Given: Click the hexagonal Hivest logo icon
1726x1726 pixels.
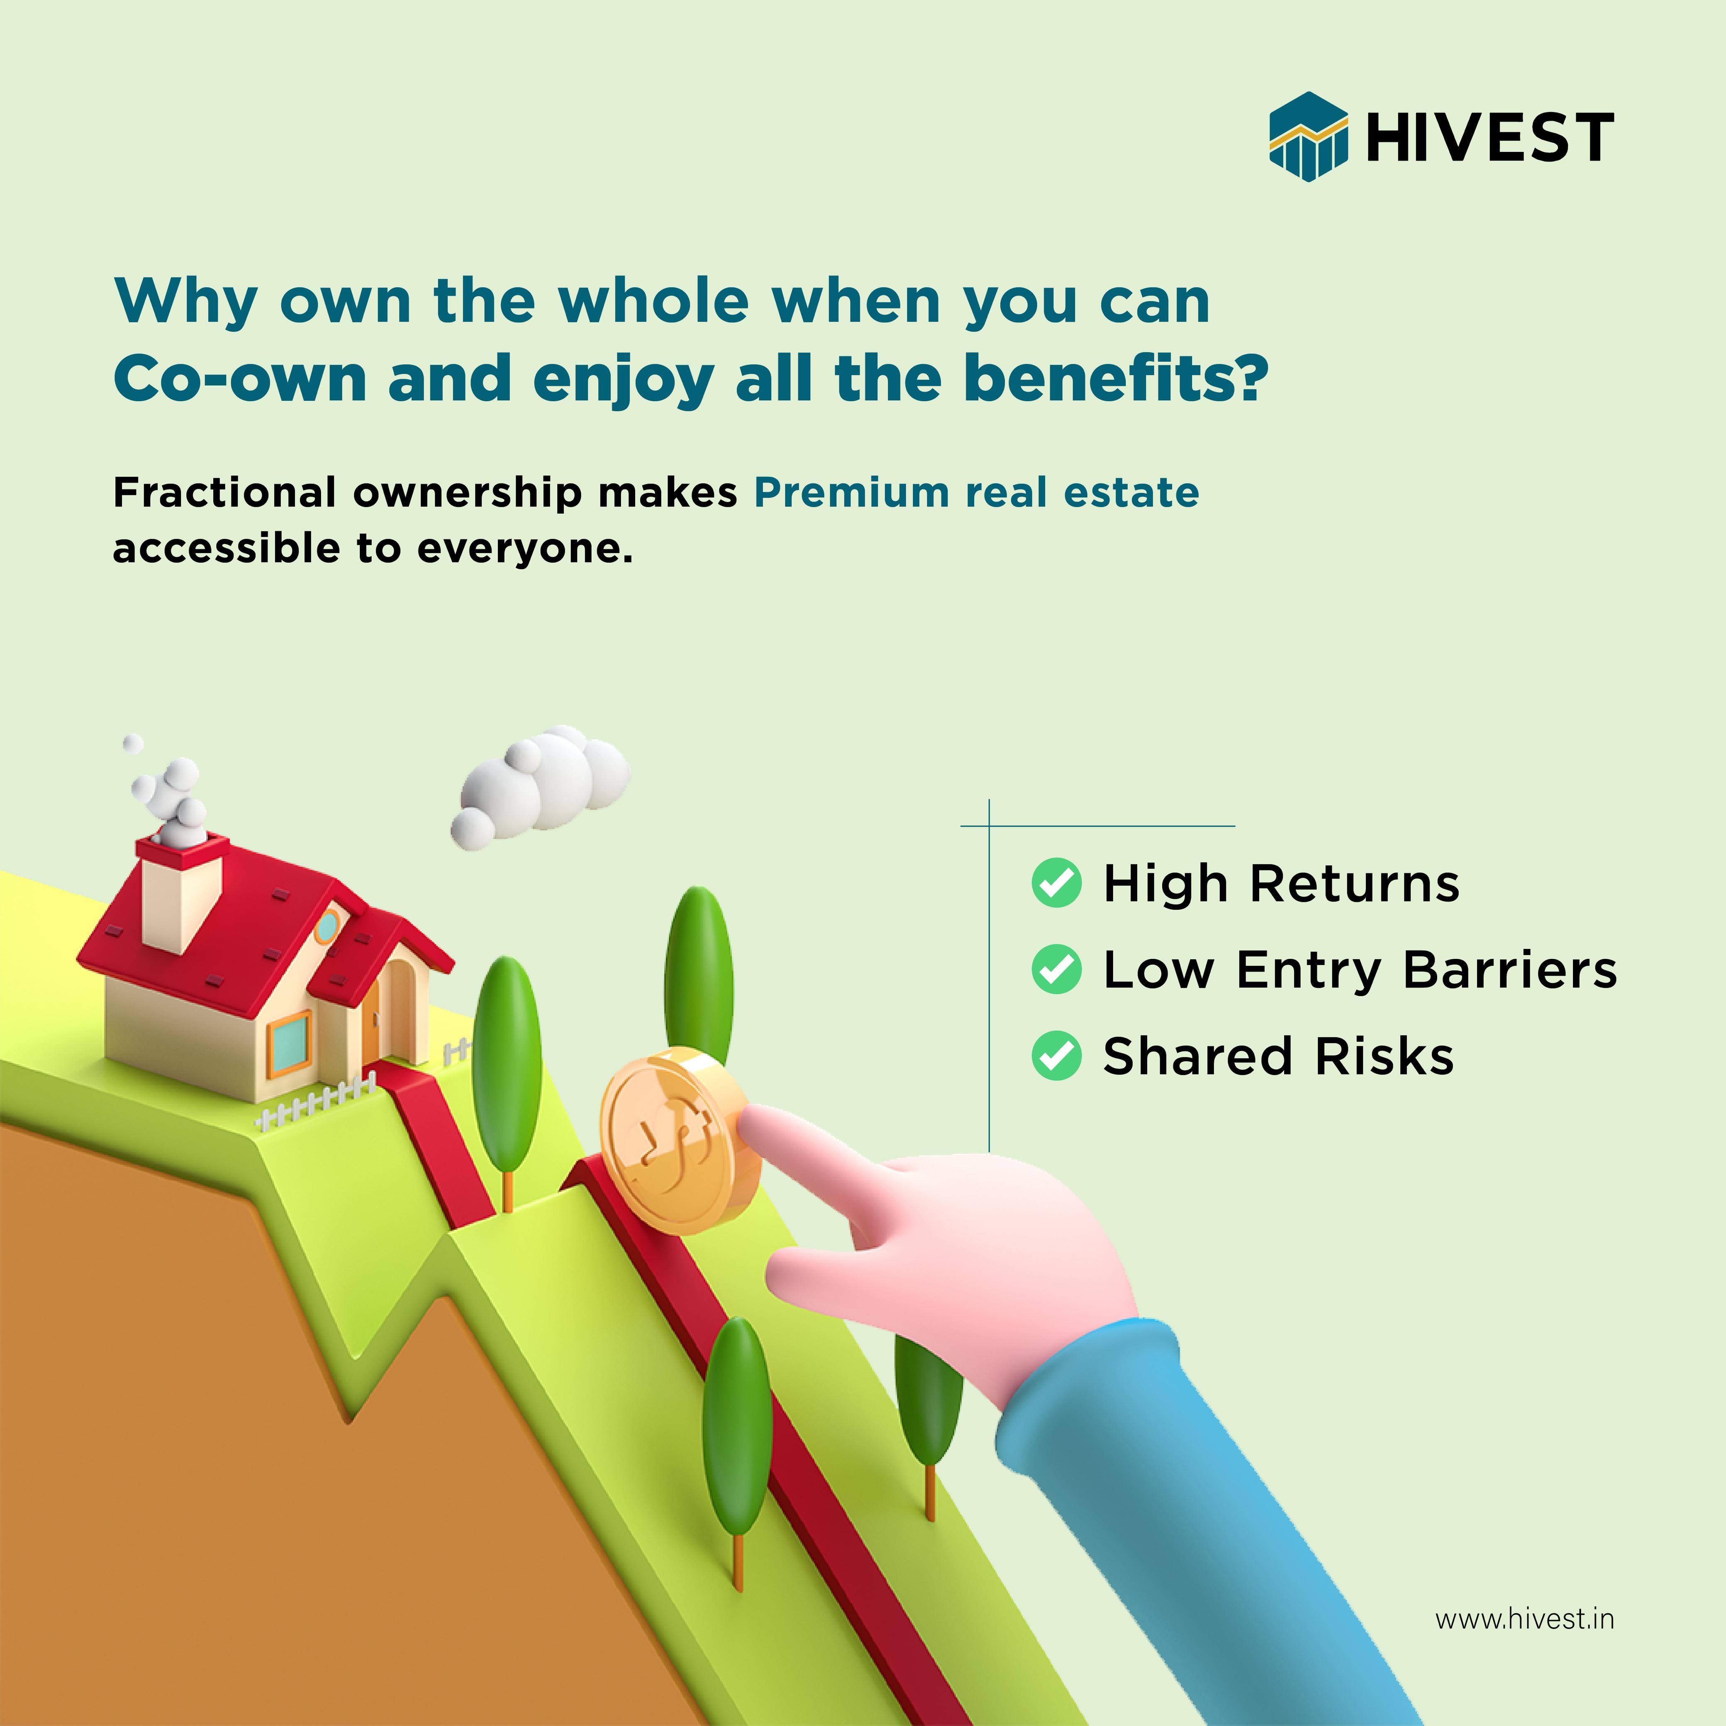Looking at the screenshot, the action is pyautogui.click(x=1308, y=137).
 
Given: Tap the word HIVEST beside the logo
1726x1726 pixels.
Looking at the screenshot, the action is pyautogui.click(x=1489, y=138).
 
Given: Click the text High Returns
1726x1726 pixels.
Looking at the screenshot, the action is pyautogui.click(x=1281, y=884).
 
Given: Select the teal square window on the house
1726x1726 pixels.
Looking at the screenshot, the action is pyautogui.click(x=290, y=1043).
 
